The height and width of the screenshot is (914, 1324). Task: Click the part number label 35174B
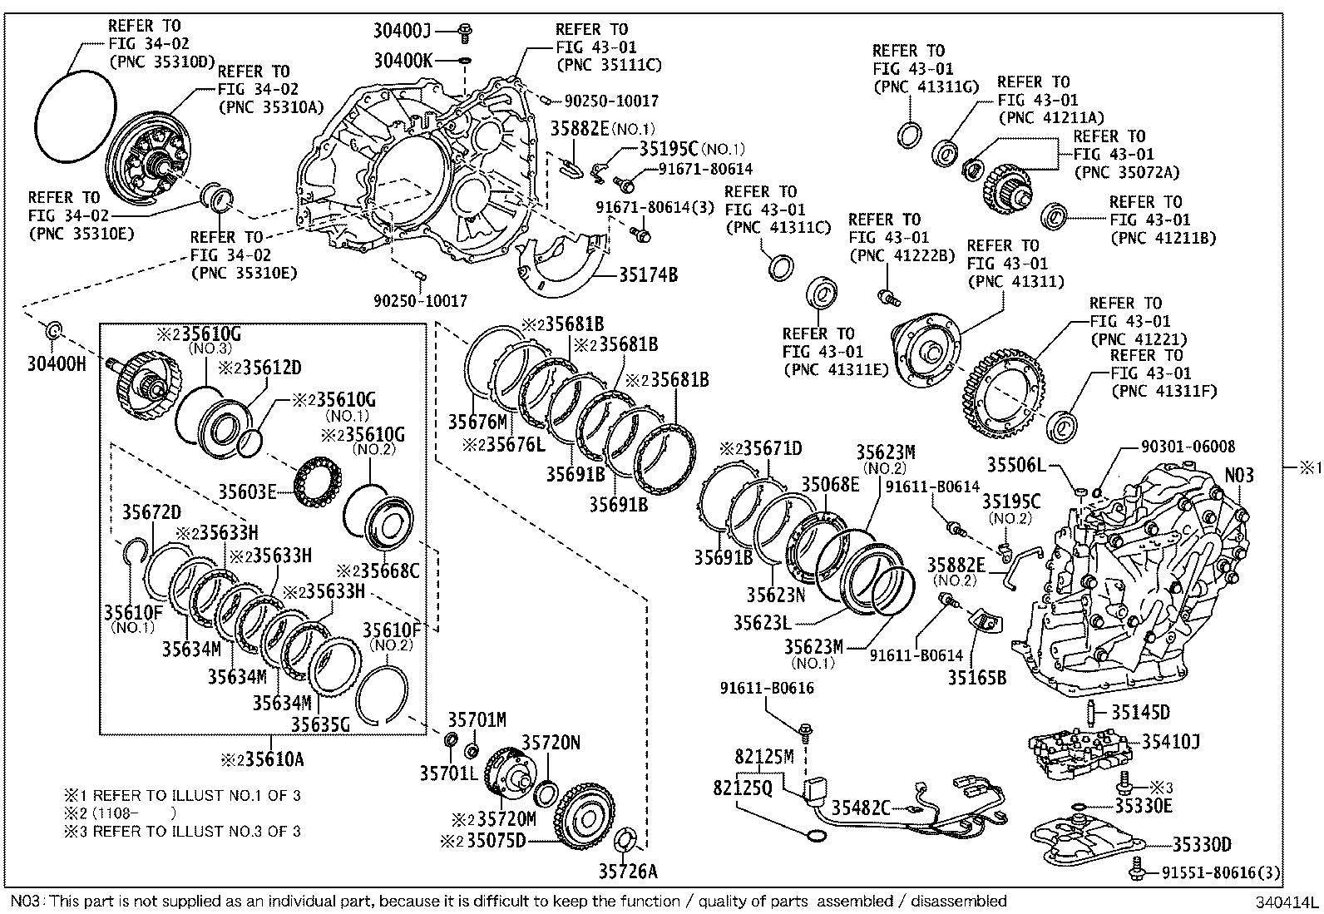tap(647, 274)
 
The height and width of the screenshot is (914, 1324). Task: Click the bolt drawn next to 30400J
tap(466, 32)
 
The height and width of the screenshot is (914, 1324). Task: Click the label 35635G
tap(320, 724)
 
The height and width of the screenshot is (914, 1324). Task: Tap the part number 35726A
tap(627, 871)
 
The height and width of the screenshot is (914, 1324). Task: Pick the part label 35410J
tap(1170, 741)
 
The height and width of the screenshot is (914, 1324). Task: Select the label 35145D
tap(1140, 712)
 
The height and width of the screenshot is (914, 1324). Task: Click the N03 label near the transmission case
tap(1239, 475)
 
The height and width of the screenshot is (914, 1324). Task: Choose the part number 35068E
tap(829, 484)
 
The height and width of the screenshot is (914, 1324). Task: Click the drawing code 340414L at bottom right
tap(1287, 902)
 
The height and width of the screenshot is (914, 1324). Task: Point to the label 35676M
tap(477, 422)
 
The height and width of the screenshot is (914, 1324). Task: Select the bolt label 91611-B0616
tap(767, 689)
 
